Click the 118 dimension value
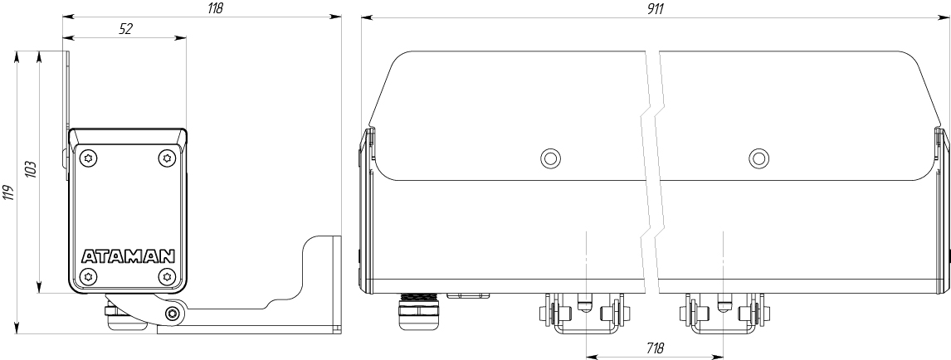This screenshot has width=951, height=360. [215, 8]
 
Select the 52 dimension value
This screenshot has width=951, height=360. [125, 29]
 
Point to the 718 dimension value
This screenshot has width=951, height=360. [655, 348]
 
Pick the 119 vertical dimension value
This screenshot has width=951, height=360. [9, 193]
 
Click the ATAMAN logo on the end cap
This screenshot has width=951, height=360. [128, 255]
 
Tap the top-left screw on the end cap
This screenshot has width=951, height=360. [89, 158]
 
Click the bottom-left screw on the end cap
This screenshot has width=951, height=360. [89, 276]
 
